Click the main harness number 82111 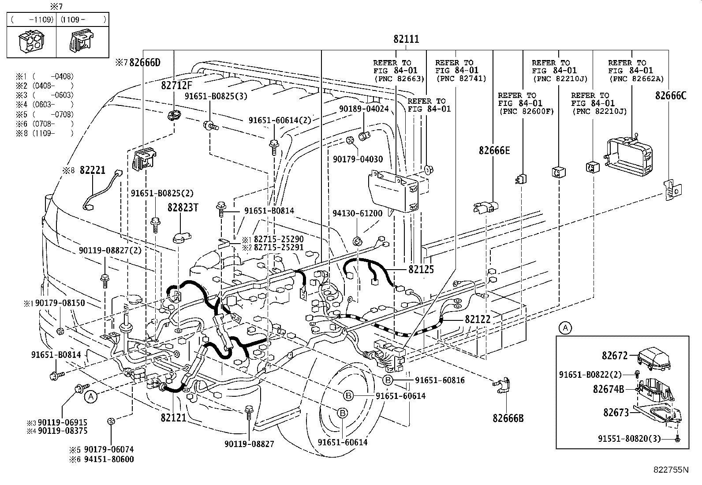406,39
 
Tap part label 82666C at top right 670,96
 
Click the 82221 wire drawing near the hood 102,190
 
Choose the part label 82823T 183,207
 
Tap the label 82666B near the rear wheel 508,418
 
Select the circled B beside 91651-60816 387,380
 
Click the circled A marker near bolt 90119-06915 90,397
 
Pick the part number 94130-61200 363,214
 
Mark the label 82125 421,269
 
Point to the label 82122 477,319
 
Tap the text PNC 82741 461,79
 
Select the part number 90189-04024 364,109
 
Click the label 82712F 176,86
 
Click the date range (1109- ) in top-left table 83,19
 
